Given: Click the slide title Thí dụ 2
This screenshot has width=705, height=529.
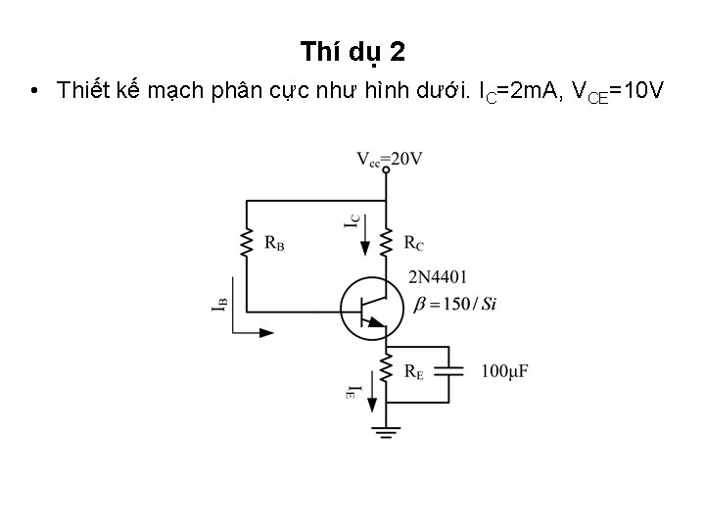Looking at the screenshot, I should (x=352, y=50).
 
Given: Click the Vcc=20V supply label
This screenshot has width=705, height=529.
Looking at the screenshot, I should (x=389, y=157).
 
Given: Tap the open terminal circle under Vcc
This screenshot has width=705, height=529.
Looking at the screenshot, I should (x=388, y=170).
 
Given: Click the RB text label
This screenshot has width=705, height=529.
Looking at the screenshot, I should (x=274, y=242).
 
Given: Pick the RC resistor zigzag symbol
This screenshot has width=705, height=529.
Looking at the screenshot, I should (x=388, y=241).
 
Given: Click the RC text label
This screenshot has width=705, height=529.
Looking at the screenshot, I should (x=414, y=242).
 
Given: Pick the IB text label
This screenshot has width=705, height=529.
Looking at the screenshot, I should (x=220, y=305).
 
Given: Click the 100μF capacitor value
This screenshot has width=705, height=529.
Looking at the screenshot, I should (x=506, y=371).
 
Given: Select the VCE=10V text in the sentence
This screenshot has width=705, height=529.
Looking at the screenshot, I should (x=618, y=92).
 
